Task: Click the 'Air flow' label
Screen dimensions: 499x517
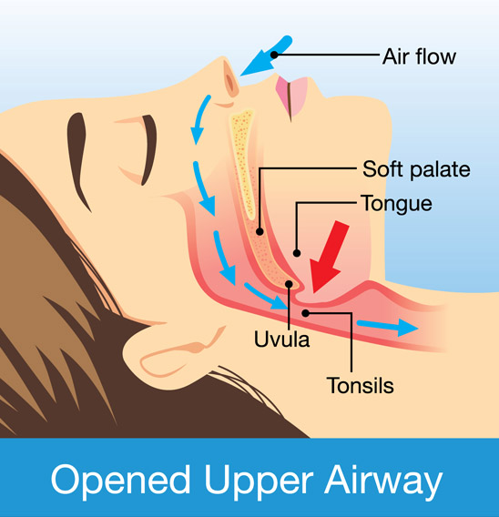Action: [x=419, y=56]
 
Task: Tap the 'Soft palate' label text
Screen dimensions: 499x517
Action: [x=416, y=169]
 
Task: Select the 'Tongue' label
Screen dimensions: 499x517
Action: [x=397, y=204]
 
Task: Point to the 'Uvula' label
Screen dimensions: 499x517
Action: [x=281, y=339]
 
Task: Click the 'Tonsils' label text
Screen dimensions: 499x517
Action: [x=361, y=385]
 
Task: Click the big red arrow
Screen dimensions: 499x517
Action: [x=329, y=258]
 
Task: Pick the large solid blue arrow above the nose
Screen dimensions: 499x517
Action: [x=267, y=56]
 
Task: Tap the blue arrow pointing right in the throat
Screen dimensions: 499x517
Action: [x=388, y=327]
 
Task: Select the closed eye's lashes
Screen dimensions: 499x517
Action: [x=149, y=149]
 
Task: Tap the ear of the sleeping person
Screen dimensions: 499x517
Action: [x=185, y=352]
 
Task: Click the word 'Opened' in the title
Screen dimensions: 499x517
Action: [x=120, y=480]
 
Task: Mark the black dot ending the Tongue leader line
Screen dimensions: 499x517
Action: [x=297, y=253]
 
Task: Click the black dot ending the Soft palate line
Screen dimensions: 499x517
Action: [x=260, y=231]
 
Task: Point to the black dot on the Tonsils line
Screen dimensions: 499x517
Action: [x=306, y=313]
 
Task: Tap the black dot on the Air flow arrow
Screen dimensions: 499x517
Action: [x=274, y=55]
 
